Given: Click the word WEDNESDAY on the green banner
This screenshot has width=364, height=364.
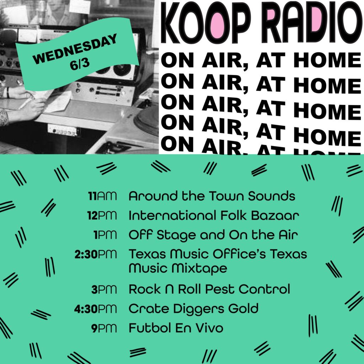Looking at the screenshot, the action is (75, 49).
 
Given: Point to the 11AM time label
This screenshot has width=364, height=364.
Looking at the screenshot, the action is (102, 196).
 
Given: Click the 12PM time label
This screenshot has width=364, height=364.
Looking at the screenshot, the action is (102, 216).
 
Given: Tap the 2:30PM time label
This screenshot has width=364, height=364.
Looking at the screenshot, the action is (95, 255).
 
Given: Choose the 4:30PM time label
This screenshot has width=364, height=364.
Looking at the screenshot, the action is (95, 309).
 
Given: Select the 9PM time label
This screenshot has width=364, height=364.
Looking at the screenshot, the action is (104, 328).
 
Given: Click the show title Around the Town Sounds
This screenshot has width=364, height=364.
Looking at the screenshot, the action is (212, 196).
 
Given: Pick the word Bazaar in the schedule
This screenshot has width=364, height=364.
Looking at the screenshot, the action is (275, 215).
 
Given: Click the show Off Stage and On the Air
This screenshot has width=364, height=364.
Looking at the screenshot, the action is (213, 235).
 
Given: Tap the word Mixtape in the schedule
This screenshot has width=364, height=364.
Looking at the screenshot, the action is (199, 269).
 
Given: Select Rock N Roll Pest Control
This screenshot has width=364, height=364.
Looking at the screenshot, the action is (209, 289).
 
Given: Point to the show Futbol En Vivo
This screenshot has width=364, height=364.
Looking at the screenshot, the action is (176, 328).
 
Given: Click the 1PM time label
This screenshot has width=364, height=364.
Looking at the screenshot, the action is (105, 235).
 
